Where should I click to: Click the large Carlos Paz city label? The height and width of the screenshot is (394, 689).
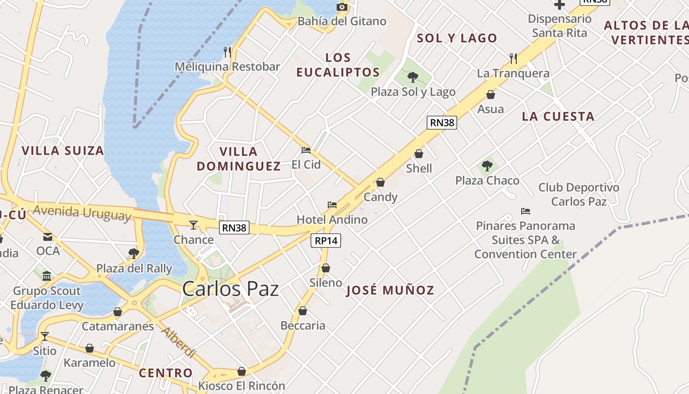[230, 289]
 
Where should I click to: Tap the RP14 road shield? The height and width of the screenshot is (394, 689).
[326, 241]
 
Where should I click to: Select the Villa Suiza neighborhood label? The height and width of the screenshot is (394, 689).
[63, 151]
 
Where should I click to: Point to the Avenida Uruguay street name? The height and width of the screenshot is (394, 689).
[82, 213]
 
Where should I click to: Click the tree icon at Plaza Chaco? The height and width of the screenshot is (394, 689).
[487, 166]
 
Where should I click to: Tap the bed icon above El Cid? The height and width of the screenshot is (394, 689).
[306, 150]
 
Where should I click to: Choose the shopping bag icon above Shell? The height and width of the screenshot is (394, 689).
[419, 154]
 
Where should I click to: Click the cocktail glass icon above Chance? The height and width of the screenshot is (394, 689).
[193, 225]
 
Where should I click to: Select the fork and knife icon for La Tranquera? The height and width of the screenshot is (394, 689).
[513, 59]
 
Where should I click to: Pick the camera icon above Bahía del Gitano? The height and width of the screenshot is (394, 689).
[342, 6]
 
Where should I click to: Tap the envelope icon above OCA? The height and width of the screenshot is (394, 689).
[48, 237]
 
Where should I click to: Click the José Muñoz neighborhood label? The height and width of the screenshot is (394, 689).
[390, 291]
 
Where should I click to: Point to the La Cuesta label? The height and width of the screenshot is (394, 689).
[558, 117]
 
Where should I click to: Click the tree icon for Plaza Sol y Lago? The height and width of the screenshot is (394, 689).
[413, 77]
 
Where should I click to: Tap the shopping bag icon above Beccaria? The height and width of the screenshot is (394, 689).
[303, 311]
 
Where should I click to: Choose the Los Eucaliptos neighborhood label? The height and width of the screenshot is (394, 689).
[338, 65]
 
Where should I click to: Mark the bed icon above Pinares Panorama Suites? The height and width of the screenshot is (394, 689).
[526, 211]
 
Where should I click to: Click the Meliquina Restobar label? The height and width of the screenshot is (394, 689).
[227, 66]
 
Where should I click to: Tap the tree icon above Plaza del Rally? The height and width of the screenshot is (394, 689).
[133, 254]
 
